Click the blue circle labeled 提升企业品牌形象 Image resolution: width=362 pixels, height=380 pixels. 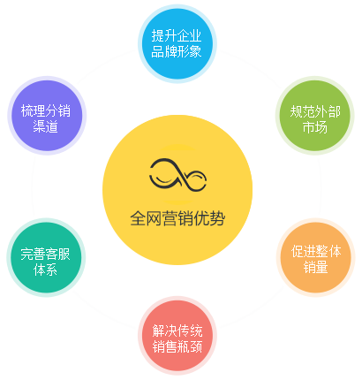click(177, 43)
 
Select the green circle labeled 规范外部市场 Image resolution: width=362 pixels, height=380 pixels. click(314, 116)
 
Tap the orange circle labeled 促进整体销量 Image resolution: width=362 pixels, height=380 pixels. click(315, 257)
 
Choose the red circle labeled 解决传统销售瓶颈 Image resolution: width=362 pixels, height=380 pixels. click(177, 336)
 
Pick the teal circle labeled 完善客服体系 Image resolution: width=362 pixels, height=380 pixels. click(46, 257)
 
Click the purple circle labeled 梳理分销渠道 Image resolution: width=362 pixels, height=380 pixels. click(47, 116)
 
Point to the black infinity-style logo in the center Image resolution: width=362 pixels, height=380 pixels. click(177, 175)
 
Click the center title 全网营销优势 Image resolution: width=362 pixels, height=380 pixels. click(177, 218)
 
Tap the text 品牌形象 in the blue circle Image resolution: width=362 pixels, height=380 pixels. click(177, 51)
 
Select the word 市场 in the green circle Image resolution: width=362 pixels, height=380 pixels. click(315, 127)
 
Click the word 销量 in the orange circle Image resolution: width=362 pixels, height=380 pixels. click(315, 267)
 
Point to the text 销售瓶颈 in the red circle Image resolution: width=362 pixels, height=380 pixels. click(177, 346)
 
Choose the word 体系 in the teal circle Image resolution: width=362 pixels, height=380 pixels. click(45, 270)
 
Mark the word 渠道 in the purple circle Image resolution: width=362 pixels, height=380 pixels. click(45, 126)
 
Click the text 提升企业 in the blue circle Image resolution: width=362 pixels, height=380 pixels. click(177, 36)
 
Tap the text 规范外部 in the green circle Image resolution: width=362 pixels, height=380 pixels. click(315, 111)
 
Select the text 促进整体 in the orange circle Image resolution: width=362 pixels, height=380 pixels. click(316, 251)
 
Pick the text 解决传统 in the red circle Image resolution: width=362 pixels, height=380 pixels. click(177, 331)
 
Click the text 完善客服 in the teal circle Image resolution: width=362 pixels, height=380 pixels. click(45, 255)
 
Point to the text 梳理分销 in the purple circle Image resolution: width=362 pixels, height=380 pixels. click(46, 111)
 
